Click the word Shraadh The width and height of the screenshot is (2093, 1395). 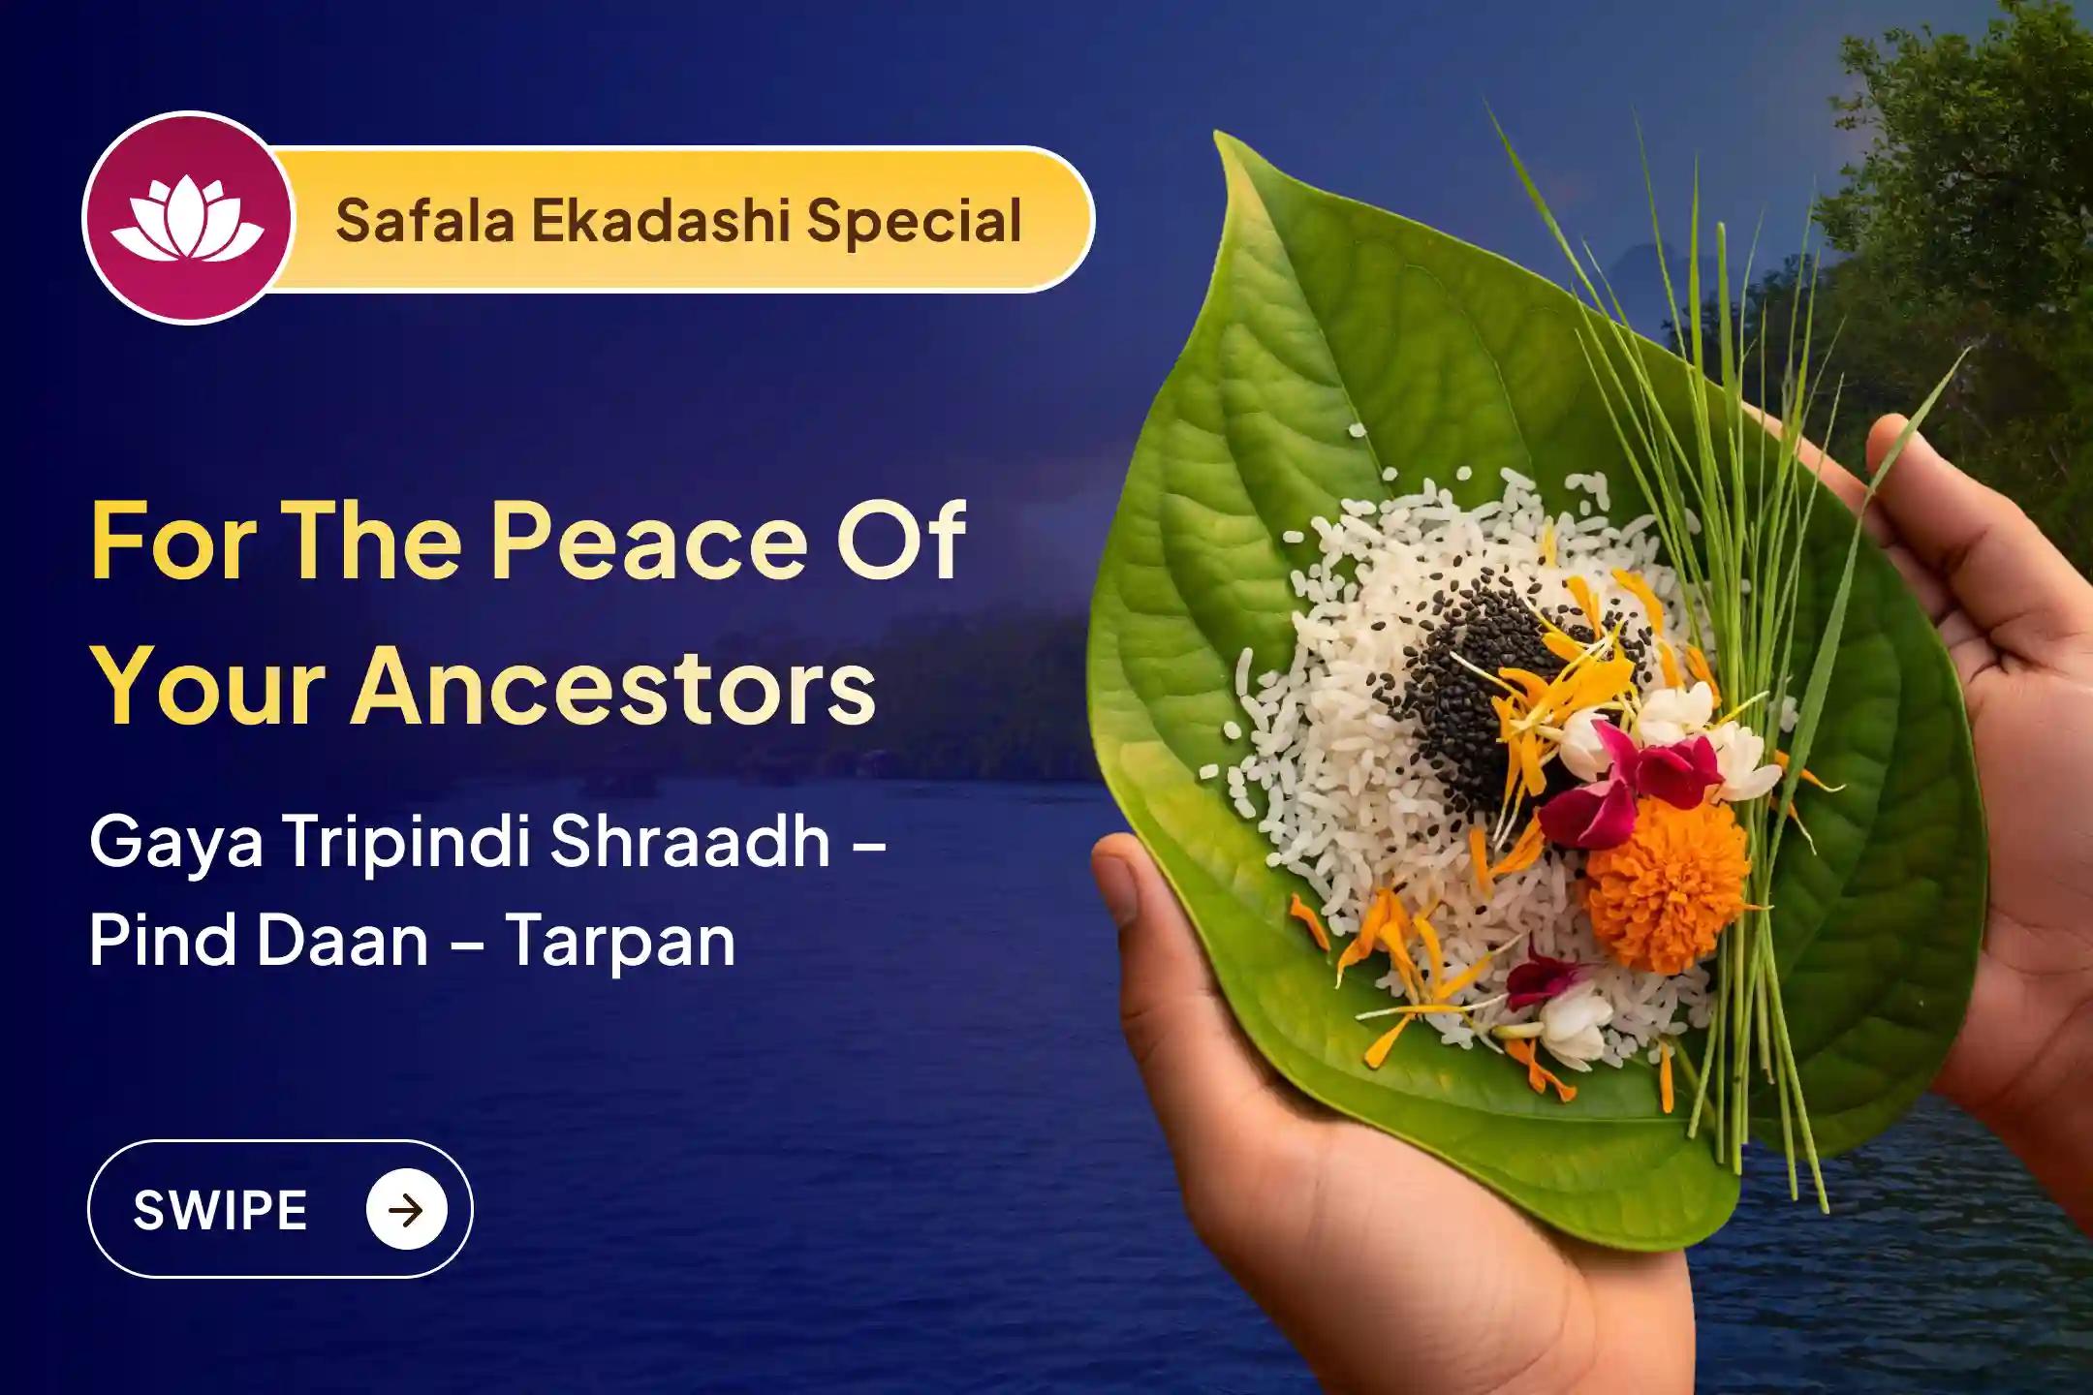tap(690, 841)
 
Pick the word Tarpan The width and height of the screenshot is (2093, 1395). tap(620, 940)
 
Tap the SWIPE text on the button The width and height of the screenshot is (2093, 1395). tap(220, 1210)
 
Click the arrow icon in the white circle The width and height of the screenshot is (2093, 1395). tap(406, 1210)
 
